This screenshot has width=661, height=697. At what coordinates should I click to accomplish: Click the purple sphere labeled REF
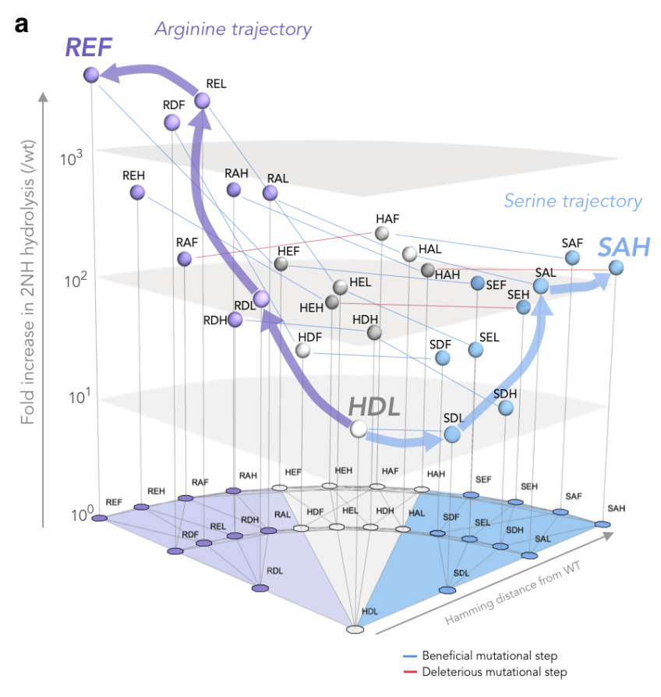90,75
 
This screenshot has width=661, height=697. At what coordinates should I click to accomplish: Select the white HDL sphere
359,428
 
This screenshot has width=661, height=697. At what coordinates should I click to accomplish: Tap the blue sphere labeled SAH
616,267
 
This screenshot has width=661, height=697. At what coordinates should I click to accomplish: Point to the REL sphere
202,101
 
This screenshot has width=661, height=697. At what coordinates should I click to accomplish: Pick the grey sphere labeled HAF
382,233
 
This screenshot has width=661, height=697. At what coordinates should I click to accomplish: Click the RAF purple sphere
185,259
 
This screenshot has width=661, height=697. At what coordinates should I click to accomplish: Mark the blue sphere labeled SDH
506,407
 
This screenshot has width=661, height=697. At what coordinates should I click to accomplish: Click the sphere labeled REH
138,192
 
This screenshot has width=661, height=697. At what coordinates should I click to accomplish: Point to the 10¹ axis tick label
72,398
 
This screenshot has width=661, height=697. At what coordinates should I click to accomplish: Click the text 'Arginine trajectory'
233,30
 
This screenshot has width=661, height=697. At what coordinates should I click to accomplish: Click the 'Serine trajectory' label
573,201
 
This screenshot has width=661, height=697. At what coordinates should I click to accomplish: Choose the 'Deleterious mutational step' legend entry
493,671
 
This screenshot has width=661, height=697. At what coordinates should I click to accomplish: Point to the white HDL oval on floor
355,628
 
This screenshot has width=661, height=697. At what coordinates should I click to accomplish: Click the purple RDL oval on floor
260,587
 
